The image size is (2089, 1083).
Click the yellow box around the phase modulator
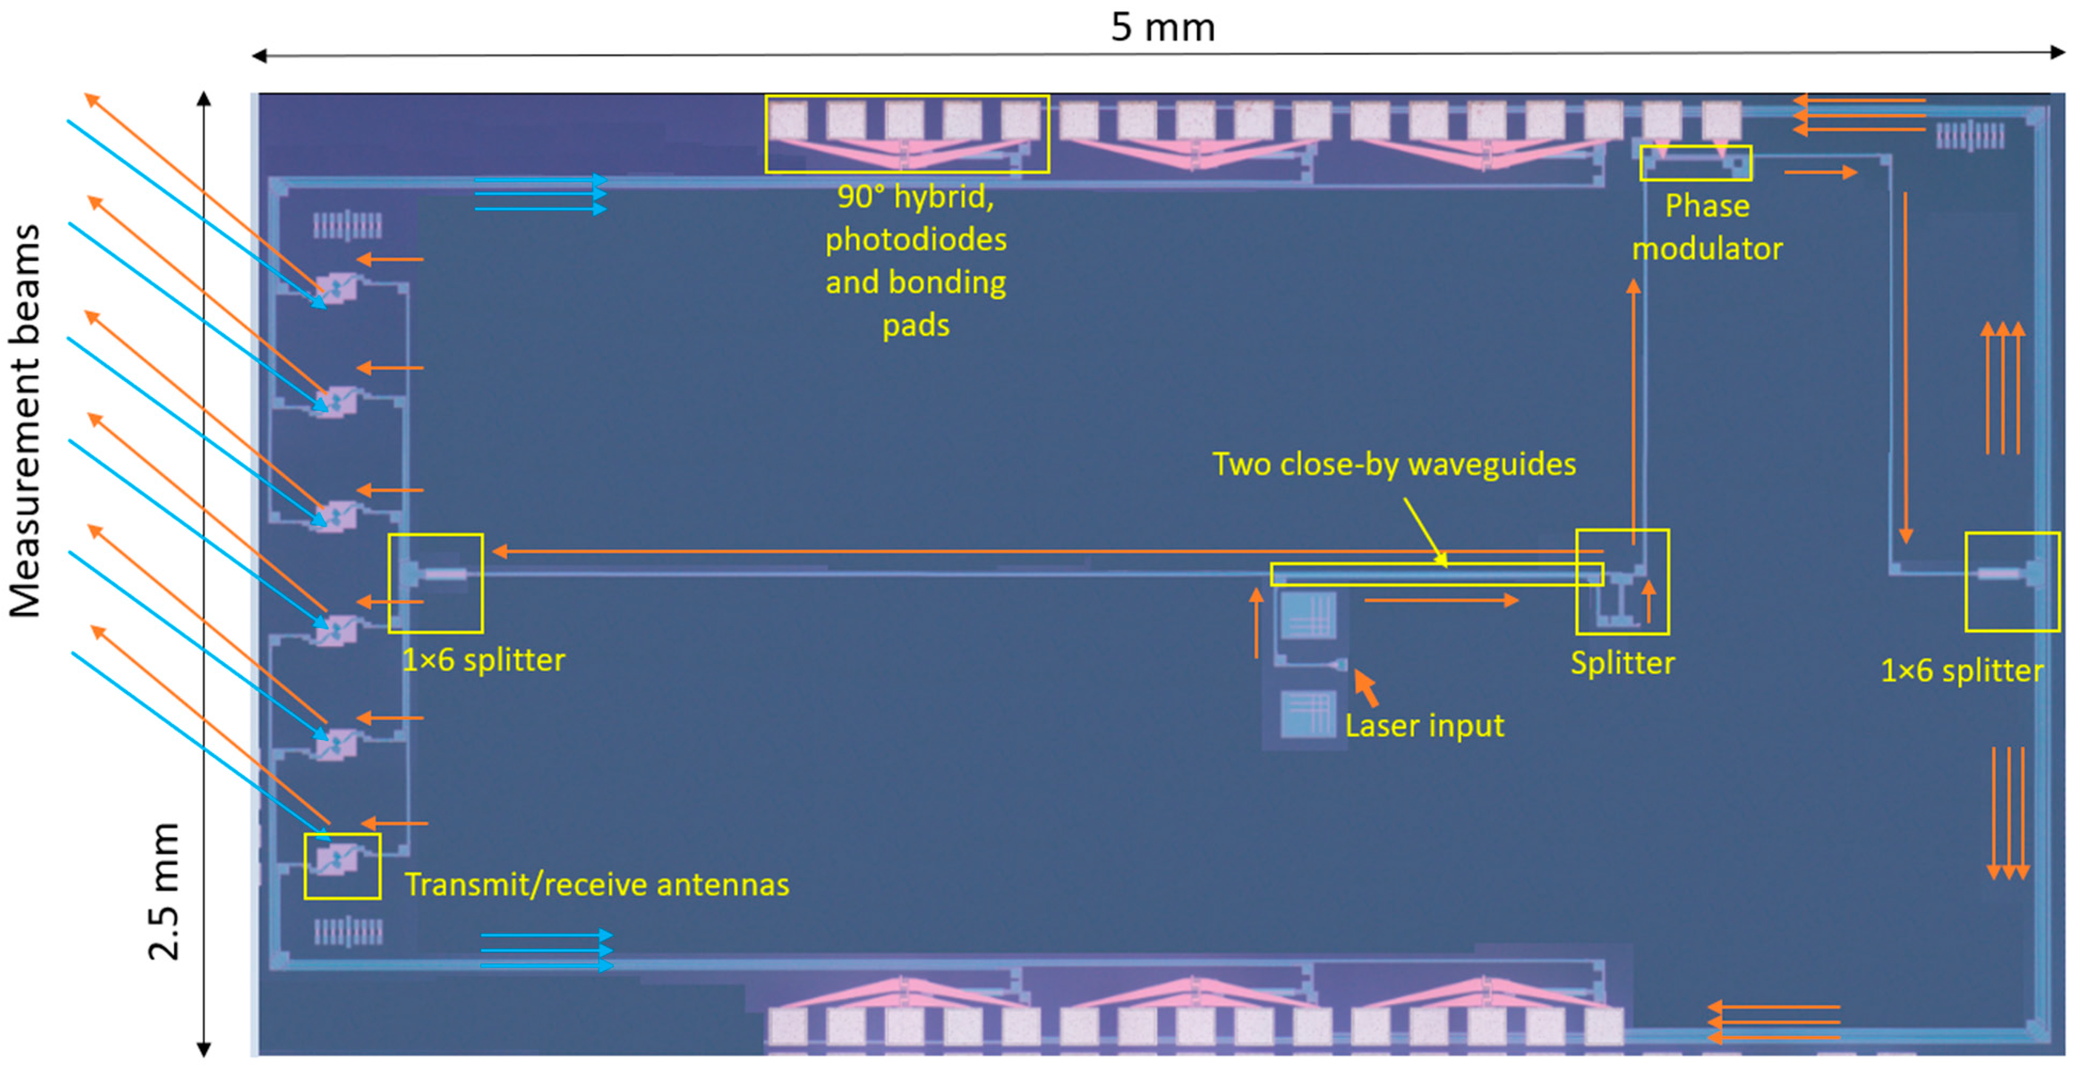coord(1695,163)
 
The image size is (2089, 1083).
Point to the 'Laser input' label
coord(1424,725)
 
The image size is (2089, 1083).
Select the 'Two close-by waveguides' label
coord(1393,464)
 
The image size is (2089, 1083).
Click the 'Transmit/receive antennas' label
coord(596,884)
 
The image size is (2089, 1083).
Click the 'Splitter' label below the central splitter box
coord(1622,663)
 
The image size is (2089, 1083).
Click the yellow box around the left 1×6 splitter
coord(436,583)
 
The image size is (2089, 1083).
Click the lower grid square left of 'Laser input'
coord(1307,713)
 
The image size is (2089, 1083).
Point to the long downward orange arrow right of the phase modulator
coord(1905,365)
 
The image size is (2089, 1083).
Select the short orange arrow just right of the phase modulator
coord(1820,172)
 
